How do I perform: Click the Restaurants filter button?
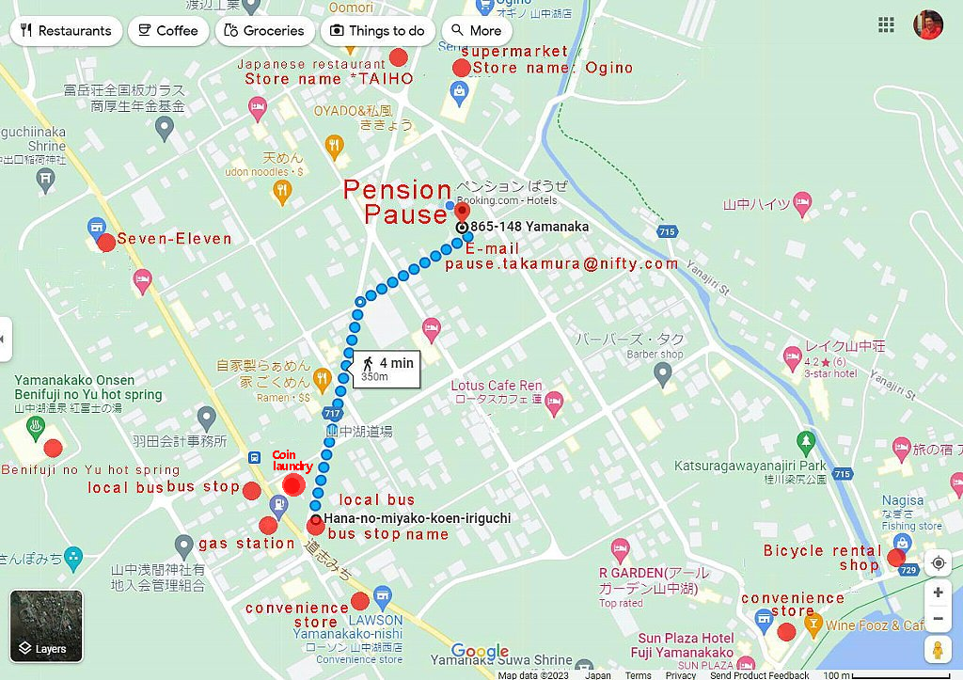tap(64, 30)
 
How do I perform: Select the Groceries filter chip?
tap(265, 30)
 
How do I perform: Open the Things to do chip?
tap(377, 30)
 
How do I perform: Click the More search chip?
tap(477, 30)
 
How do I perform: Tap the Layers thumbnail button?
tap(46, 625)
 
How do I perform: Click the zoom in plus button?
tap(938, 593)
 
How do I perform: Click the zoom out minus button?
tap(938, 619)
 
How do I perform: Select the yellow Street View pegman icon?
tap(938, 650)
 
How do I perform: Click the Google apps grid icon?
tap(886, 25)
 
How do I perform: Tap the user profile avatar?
tap(928, 25)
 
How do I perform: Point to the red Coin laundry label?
tap(292, 460)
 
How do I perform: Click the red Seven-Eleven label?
tap(174, 239)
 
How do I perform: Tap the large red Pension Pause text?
tap(397, 201)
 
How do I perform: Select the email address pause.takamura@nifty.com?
tap(561, 264)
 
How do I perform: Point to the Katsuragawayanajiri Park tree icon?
tap(805, 441)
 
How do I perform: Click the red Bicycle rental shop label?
tap(823, 557)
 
